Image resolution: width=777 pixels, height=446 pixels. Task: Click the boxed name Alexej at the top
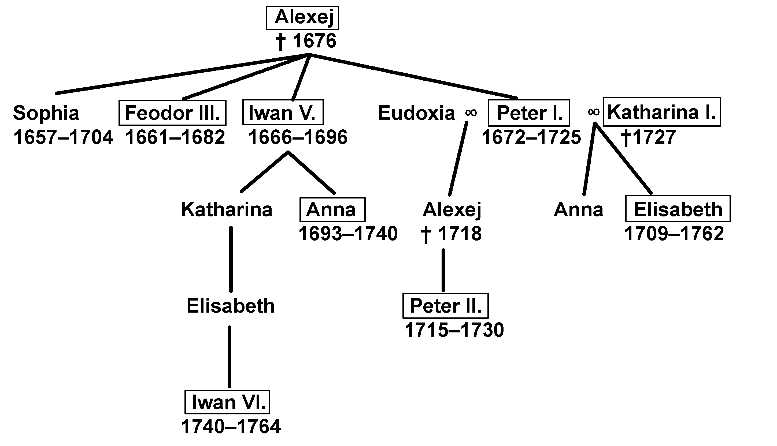(302, 18)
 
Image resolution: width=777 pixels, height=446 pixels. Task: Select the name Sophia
(46, 113)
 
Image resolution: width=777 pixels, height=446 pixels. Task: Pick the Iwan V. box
(283, 113)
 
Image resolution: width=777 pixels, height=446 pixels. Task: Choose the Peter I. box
(528, 113)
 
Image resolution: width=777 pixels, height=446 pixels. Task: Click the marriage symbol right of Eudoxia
(471, 113)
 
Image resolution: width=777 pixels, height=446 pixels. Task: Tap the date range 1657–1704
(63, 137)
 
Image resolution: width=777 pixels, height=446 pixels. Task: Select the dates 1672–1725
(531, 137)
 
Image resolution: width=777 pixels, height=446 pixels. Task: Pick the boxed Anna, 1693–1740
(332, 210)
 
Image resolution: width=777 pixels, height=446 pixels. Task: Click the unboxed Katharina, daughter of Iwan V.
(227, 210)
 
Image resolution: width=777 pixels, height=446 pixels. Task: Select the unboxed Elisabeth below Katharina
(231, 306)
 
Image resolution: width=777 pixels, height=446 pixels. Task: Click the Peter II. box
(445, 306)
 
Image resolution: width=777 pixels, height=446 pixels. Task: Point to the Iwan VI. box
(227, 402)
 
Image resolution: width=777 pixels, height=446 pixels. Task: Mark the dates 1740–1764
(231, 427)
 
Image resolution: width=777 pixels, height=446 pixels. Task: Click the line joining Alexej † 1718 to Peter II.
(443, 270)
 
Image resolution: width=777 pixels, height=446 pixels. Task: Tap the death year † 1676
(306, 41)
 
